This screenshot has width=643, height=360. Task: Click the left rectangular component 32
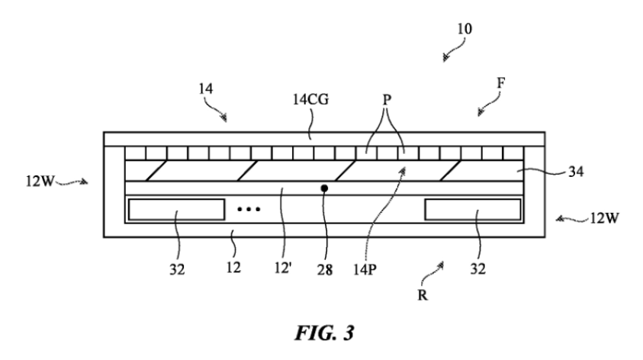[x=176, y=209]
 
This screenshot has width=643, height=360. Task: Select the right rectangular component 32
[x=472, y=209]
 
